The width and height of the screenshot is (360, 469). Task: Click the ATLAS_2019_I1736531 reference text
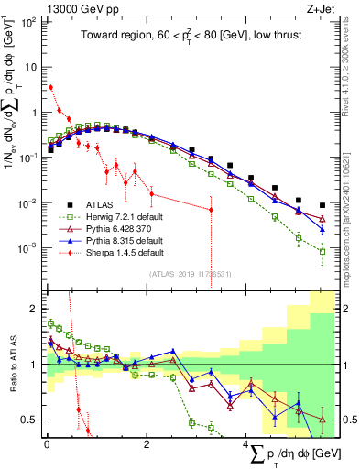[x=190, y=274]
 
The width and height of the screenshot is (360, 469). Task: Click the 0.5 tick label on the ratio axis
[x=29, y=420]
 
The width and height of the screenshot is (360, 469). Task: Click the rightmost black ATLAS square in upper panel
[x=322, y=205]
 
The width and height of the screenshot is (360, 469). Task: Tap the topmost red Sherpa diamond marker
[x=50, y=88]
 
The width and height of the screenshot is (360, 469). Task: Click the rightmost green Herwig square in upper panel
[x=322, y=250]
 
